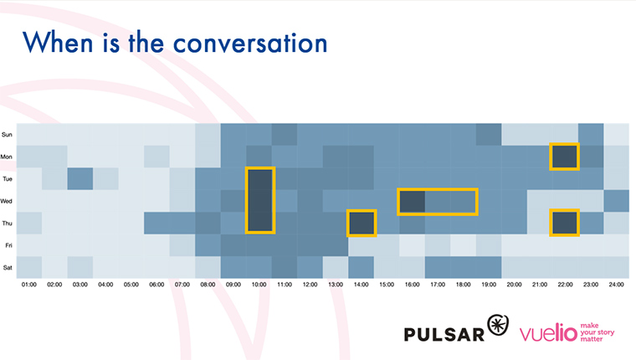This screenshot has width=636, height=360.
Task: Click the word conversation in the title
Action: tap(250, 44)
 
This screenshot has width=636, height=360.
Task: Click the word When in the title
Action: tap(58, 42)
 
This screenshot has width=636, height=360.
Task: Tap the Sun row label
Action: tap(7, 134)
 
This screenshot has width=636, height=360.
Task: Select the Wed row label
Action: tap(7, 201)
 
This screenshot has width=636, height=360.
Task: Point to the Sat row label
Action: tap(8, 267)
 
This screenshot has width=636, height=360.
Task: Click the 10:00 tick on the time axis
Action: tap(259, 285)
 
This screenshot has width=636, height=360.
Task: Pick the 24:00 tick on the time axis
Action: tap(616, 285)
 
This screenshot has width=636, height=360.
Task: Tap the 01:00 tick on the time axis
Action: tap(28, 285)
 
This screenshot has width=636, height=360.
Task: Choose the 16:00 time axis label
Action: tap(412, 285)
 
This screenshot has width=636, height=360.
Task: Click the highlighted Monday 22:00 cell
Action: tap(564, 157)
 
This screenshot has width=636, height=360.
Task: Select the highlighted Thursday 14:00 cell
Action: tap(362, 223)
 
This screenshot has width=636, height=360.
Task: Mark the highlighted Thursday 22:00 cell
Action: tap(564, 223)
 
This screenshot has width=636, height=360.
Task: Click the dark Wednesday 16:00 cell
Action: tap(412, 202)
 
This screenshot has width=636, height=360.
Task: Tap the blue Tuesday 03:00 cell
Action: tap(79, 178)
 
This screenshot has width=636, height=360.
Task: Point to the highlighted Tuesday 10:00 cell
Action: tap(260, 179)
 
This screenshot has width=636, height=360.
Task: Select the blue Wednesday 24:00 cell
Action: tap(616, 201)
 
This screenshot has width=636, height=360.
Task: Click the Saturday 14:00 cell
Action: tap(361, 267)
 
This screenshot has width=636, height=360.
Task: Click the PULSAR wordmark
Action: tap(444, 334)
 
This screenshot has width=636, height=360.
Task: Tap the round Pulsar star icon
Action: tap(498, 325)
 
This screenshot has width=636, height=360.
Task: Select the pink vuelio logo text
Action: tap(548, 333)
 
